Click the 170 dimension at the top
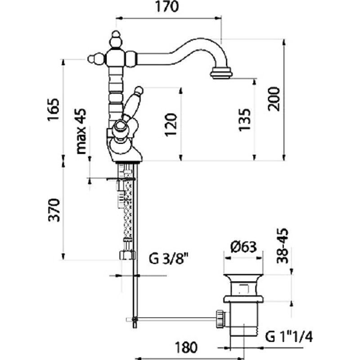click(x=167, y=7)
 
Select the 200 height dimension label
click(x=274, y=99)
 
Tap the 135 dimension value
click(x=244, y=120)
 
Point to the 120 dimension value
click(x=171, y=125)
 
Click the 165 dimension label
click(x=53, y=110)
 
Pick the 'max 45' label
click(x=81, y=131)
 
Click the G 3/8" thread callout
click(x=167, y=258)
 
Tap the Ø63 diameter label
click(x=243, y=247)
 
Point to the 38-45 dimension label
click(x=282, y=246)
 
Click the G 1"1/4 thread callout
click(x=289, y=337)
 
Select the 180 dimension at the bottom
click(x=186, y=347)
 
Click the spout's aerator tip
click(x=221, y=73)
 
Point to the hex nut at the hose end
click(x=127, y=255)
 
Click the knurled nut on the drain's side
click(x=220, y=319)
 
